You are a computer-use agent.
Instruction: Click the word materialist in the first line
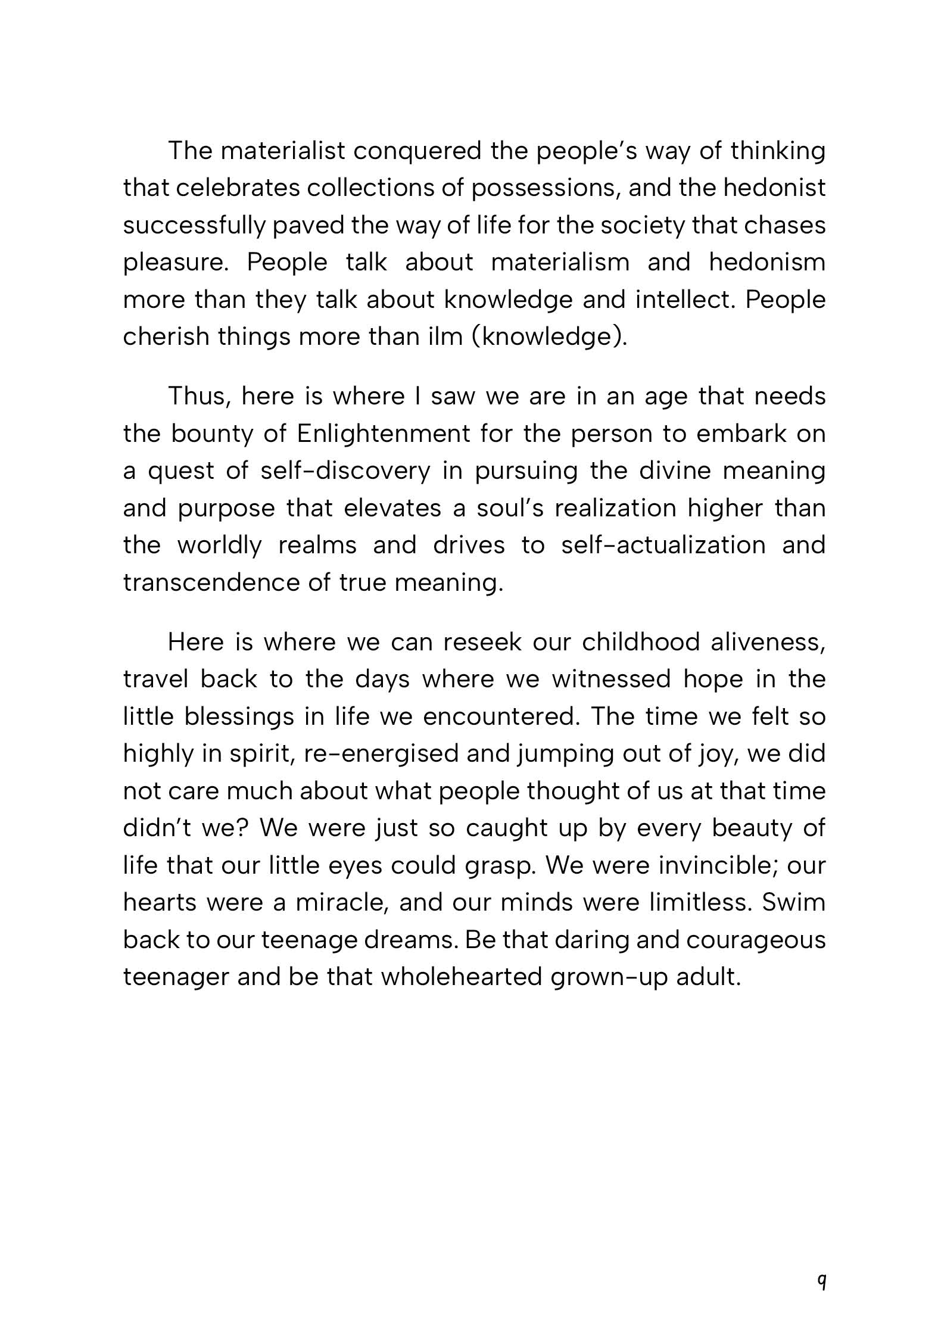tap(282, 151)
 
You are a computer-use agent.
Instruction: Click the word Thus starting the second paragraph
tap(199, 397)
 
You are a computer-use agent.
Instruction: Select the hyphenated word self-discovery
tap(345, 471)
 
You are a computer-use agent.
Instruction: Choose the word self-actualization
tap(663, 546)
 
